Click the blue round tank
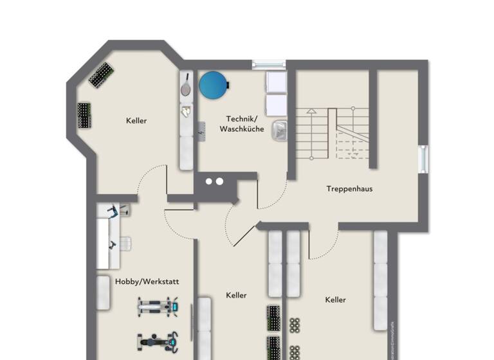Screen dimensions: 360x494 [214, 85]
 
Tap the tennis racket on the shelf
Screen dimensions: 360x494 [186, 85]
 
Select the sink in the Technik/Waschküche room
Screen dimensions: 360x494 [279, 130]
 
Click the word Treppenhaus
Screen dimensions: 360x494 [349, 189]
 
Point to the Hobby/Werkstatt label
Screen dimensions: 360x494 [147, 282]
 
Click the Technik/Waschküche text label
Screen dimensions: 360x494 [241, 124]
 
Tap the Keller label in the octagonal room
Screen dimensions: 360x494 [136, 121]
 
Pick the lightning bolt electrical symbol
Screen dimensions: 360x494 [202, 132]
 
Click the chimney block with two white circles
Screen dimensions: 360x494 [215, 181]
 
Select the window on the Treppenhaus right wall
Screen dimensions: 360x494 [423, 159]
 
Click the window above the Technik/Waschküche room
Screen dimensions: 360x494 [268, 64]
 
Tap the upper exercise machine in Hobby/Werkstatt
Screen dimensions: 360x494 [157, 307]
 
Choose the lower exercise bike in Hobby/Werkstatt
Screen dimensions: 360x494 [157, 341]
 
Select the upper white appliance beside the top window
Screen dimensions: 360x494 [277, 82]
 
